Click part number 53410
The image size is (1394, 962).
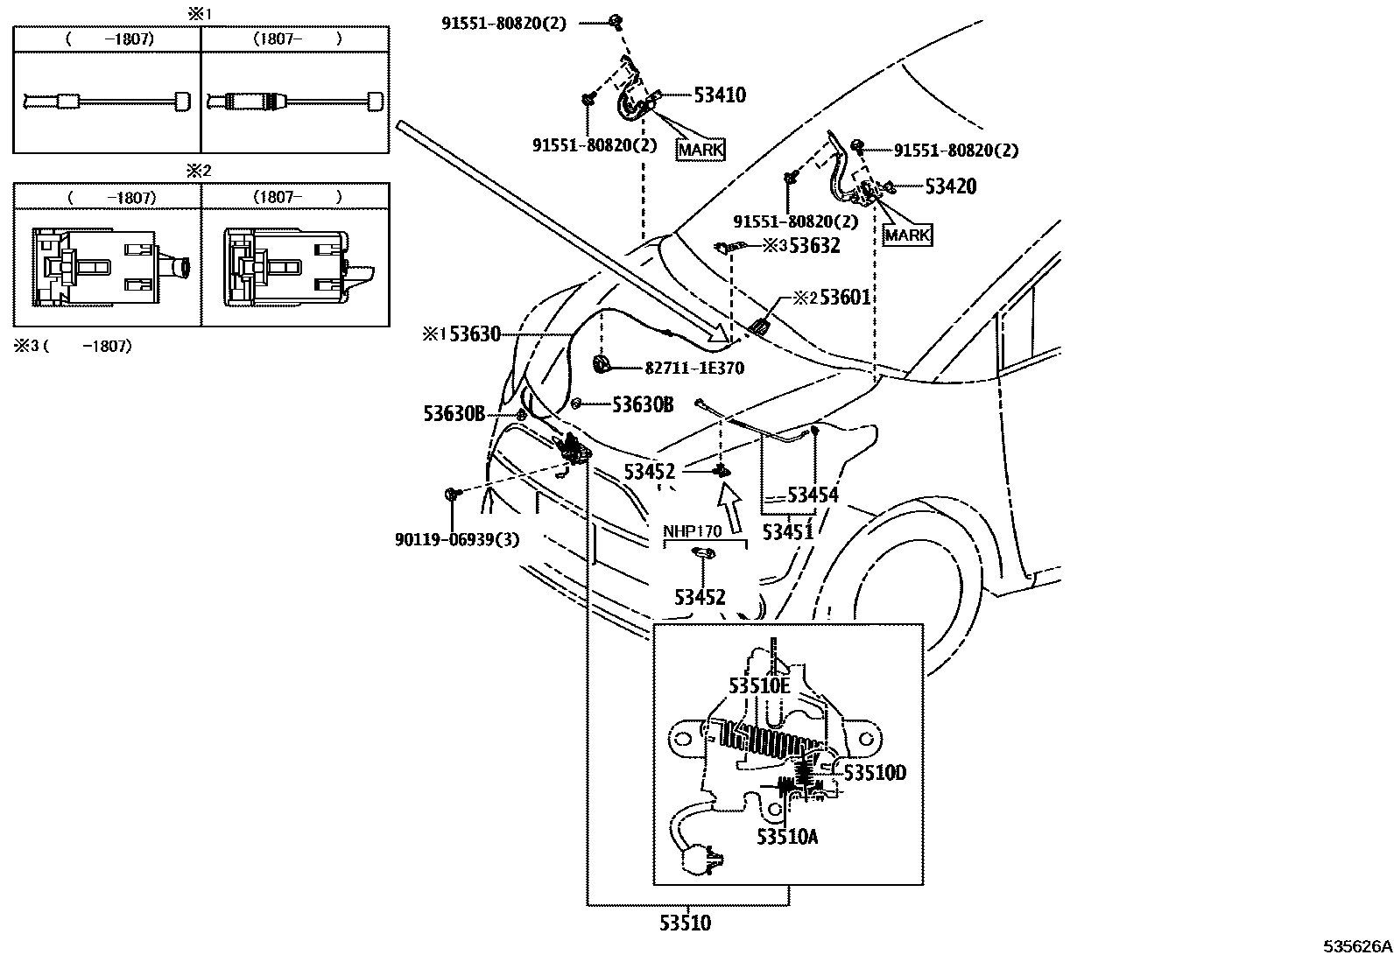click(x=720, y=95)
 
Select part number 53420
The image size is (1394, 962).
click(x=951, y=186)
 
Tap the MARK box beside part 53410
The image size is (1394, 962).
click(x=701, y=150)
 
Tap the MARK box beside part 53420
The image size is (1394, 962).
click(x=907, y=235)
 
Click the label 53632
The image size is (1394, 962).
click(x=814, y=246)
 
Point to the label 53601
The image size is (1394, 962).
click(x=845, y=298)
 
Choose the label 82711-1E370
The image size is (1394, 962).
click(x=694, y=369)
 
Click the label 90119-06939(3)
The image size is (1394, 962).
click(x=457, y=539)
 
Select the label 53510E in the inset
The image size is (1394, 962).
click(x=759, y=685)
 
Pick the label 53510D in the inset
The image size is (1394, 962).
click(x=875, y=773)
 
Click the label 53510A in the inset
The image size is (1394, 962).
click(x=787, y=837)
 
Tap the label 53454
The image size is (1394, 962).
click(x=813, y=495)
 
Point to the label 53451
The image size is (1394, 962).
click(x=788, y=532)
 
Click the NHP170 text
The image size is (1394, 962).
click(x=692, y=531)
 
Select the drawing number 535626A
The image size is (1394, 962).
click(x=1357, y=946)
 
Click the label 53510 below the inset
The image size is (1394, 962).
click(x=685, y=923)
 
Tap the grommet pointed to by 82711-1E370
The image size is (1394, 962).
click(x=602, y=364)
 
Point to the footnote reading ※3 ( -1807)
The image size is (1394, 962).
click(x=73, y=346)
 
